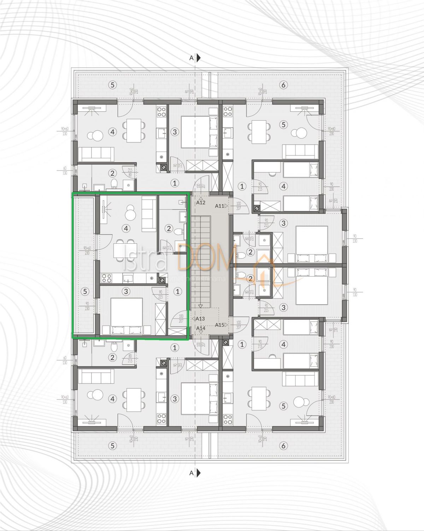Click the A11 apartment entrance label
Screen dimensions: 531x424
click(220, 206)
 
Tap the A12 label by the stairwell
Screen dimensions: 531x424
click(201, 203)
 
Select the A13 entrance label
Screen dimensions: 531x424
click(200, 319)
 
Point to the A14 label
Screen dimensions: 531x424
click(201, 328)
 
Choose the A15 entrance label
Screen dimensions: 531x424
click(220, 325)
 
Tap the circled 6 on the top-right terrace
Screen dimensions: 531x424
click(283, 85)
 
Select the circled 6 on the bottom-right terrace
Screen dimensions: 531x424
click(283, 446)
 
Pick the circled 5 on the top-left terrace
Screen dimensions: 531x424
click(112, 85)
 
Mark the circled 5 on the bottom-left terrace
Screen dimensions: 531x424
click(112, 446)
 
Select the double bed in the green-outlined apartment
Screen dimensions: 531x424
click(127, 315)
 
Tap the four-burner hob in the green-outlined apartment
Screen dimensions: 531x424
click(106, 279)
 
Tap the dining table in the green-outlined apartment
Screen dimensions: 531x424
click(124, 251)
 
